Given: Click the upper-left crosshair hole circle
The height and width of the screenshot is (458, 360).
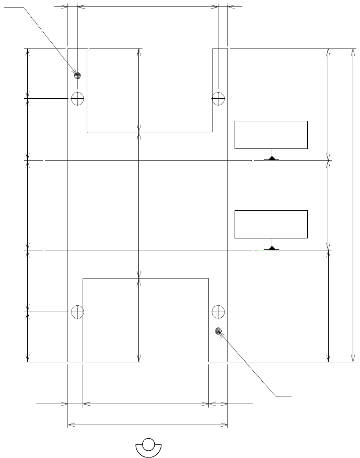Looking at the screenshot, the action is click(77, 98).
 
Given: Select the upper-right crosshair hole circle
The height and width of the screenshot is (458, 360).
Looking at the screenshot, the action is click(218, 98).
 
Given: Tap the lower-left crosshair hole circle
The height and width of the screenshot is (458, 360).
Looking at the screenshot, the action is click(77, 312).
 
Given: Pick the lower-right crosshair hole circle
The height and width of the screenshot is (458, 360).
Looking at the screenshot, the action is click(218, 312).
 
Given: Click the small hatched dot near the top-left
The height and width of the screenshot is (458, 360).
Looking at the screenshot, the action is click(77, 75).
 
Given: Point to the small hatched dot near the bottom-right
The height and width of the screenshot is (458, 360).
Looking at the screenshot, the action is click(218, 330).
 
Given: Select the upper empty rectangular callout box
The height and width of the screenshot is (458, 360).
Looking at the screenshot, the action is click(271, 135).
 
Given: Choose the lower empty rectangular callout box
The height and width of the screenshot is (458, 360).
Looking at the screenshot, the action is click(271, 224).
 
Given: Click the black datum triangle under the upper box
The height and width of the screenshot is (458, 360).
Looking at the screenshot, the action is click(271, 158).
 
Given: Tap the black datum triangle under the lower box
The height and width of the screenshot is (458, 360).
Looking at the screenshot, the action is click(271, 248).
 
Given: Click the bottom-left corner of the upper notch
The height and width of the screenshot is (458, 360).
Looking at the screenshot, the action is click(87, 132).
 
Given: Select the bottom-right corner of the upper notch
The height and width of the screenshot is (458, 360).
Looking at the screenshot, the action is click(212, 132).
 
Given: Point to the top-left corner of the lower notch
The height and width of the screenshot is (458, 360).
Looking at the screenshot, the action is click(83, 279).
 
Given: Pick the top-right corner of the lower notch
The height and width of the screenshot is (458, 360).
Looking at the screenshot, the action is click(209, 279).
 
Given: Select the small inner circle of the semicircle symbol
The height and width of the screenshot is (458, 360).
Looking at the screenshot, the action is click(148, 444).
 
